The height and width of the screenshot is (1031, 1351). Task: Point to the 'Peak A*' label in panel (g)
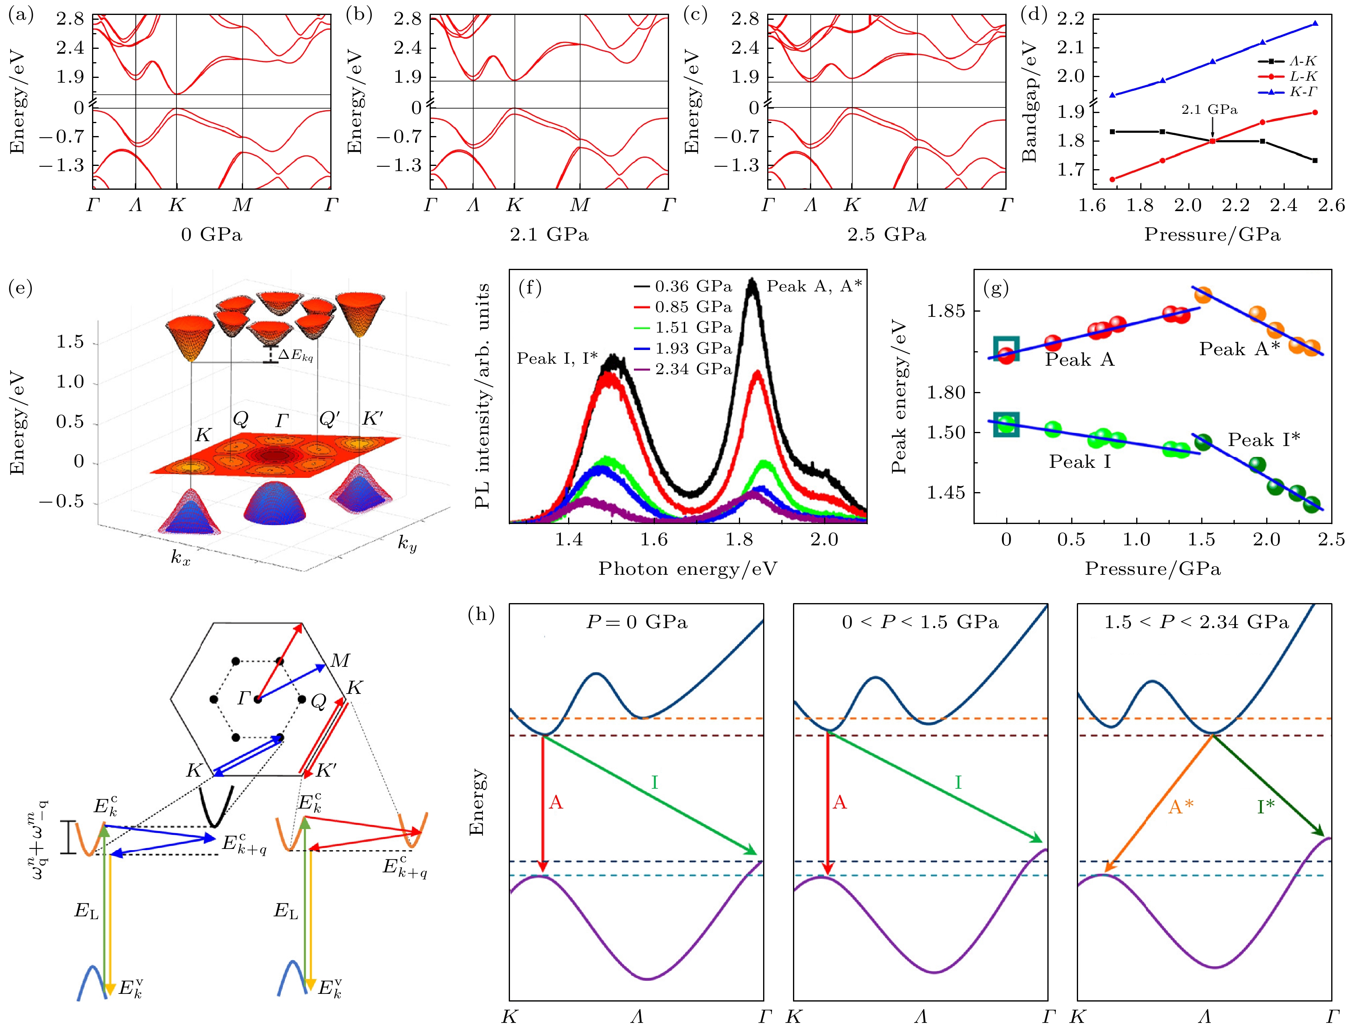click(1239, 349)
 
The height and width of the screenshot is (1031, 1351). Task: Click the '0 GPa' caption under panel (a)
click(211, 235)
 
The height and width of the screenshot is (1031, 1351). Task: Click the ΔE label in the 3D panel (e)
click(295, 355)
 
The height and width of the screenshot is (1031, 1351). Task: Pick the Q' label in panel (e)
click(329, 419)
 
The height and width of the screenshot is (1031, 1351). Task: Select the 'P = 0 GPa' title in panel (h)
click(636, 622)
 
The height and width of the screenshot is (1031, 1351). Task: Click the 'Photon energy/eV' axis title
click(688, 569)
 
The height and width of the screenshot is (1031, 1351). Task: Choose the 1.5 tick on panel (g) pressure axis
click(1201, 539)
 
